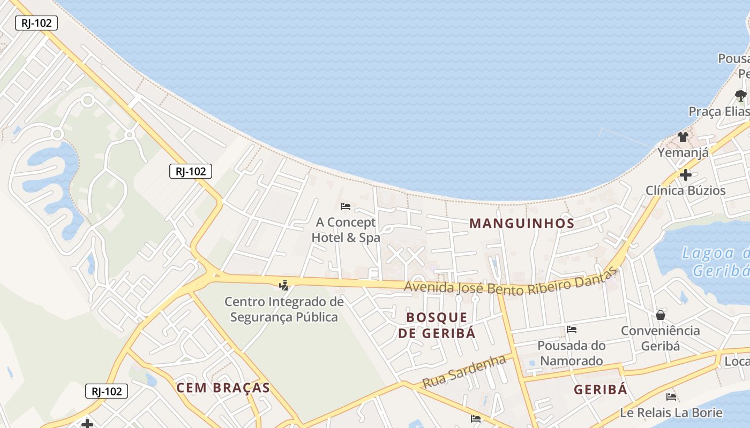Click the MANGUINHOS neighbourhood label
coord(522,224)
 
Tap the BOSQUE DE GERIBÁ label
coord(437,325)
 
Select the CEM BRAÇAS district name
coord(223,388)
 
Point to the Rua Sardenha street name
coord(464,371)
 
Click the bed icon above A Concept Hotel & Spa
coord(346,206)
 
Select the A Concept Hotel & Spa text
coord(346,230)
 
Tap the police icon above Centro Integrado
coord(284,285)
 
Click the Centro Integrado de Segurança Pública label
coord(284,309)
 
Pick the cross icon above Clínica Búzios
coord(685,174)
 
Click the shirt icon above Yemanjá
coord(682,137)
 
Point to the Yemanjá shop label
coord(683,152)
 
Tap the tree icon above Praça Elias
coord(740,96)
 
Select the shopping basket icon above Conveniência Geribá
coord(661,315)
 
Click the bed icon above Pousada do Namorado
coord(572,330)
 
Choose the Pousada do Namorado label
coord(572,353)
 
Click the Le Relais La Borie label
coord(671,412)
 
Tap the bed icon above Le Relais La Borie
coord(671,397)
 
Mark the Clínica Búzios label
coord(685,190)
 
